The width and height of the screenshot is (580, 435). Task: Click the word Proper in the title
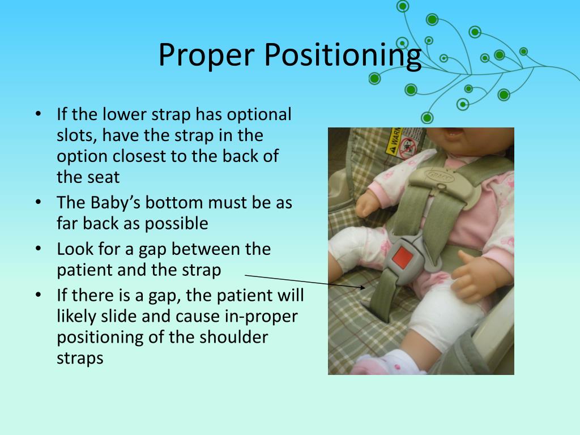point(206,55)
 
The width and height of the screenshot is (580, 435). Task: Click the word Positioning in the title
point(343,55)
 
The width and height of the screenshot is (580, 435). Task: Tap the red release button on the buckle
point(402,258)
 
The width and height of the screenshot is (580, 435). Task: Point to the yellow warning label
point(394,142)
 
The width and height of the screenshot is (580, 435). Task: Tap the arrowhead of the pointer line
point(362,287)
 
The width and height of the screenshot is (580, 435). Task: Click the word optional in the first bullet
point(259,114)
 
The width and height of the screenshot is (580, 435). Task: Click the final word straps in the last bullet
point(80,359)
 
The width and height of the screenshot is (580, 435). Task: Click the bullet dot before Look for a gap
point(39,249)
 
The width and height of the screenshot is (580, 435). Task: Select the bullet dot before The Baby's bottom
point(39,202)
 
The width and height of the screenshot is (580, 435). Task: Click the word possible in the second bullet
point(177,224)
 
